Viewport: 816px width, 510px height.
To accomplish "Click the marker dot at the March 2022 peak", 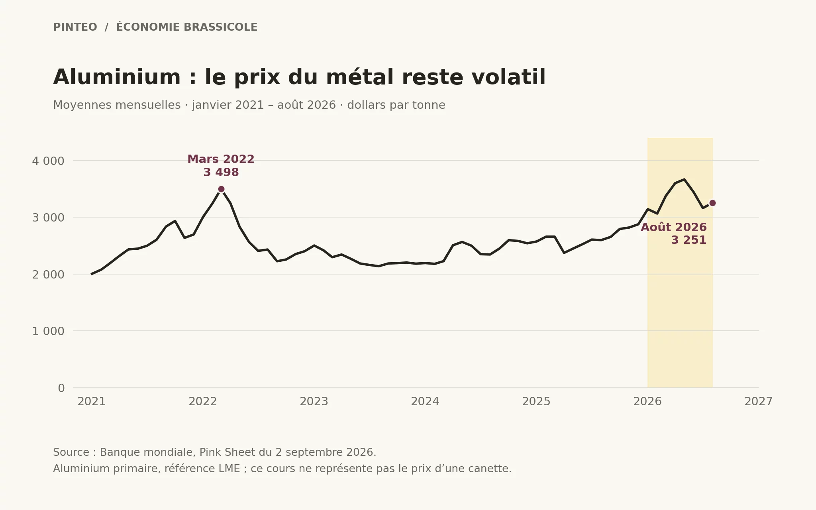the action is (x=221, y=189).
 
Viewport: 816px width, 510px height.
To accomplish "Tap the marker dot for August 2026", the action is (x=712, y=203).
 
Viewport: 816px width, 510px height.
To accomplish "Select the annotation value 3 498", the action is (x=221, y=173).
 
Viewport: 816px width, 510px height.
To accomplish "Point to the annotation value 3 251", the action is (x=689, y=240).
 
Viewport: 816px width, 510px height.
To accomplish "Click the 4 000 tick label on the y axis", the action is (x=48, y=161).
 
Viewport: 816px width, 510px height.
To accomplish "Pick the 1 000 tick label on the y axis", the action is (x=48, y=331).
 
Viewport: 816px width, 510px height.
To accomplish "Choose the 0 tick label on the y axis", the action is (x=61, y=388).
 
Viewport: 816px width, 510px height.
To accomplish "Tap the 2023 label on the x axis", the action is (x=314, y=402).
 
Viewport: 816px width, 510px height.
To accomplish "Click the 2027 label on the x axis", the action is (x=759, y=402).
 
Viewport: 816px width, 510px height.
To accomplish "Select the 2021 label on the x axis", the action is (x=92, y=402).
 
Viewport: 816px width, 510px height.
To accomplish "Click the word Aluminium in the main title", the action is (x=117, y=77).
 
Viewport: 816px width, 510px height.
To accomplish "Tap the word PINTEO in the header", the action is (x=75, y=27).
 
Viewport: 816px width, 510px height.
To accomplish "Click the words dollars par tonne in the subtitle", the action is (x=396, y=105).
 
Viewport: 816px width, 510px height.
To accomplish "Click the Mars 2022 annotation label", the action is (x=221, y=159).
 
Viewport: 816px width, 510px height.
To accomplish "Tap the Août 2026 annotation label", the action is (x=674, y=227).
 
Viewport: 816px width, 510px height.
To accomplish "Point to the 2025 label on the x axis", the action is (x=536, y=402).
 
